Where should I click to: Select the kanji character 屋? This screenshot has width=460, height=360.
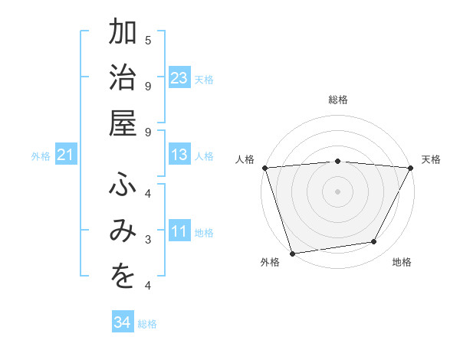(123, 123)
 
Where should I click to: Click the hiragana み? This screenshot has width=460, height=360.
(123, 233)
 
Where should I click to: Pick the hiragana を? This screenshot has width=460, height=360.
(123, 278)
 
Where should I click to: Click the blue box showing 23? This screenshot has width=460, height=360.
(179, 78)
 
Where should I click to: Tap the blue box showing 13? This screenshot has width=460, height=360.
(179, 155)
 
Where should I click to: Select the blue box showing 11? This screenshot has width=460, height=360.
(179, 232)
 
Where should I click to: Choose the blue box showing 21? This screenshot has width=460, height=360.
(66, 155)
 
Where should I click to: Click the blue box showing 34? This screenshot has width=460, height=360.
(122, 322)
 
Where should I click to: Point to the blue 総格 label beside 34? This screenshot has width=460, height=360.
(147, 323)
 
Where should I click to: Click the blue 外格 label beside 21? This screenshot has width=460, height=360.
(41, 156)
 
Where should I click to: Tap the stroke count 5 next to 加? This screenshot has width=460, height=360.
(148, 39)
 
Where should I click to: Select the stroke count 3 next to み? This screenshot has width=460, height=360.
(148, 240)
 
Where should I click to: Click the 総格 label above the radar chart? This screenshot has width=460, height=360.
(337, 100)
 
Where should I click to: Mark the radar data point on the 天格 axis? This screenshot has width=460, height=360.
(411, 168)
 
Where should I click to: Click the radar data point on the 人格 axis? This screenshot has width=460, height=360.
(264, 168)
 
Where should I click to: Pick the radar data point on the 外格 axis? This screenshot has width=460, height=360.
(292, 253)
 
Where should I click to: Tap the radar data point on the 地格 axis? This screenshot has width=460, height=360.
(374, 242)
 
